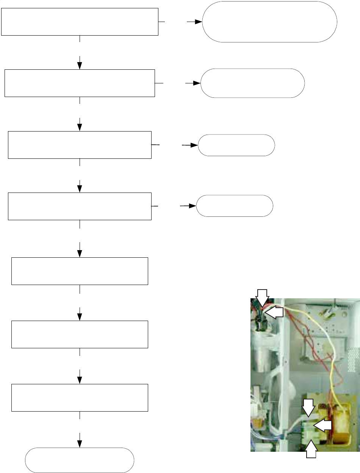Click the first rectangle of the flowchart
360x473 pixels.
coord(80,22)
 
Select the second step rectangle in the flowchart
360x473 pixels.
coord(80,83)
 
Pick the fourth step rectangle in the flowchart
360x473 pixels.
coord(80,206)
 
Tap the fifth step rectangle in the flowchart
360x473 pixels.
coord(80,271)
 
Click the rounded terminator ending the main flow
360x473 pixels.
coord(80,460)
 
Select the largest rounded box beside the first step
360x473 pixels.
coord(270,22)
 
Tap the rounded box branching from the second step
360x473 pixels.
coord(252,83)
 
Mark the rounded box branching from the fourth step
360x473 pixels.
coord(235,206)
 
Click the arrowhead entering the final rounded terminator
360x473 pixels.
coord(80,444)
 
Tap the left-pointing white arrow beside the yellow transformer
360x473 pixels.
coord(323,426)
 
